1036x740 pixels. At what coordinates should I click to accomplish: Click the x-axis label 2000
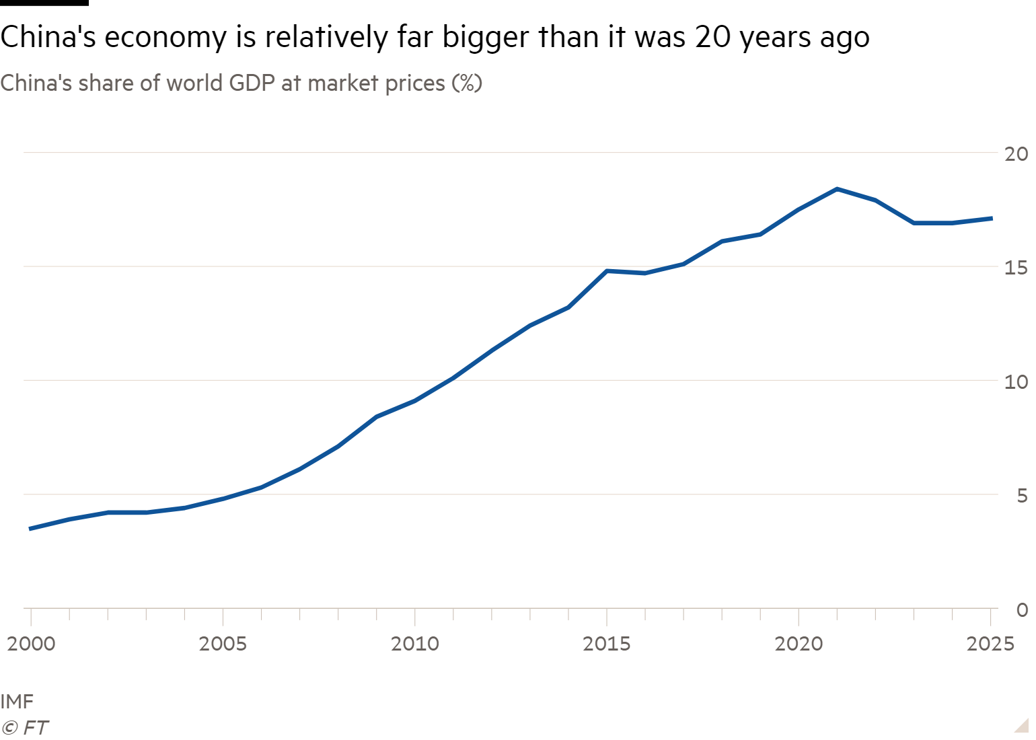(31, 644)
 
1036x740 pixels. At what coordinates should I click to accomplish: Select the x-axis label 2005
(223, 644)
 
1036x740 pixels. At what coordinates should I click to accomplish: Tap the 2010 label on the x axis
(414, 644)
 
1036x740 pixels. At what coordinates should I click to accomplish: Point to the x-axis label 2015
(607, 644)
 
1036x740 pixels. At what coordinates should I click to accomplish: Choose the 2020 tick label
(799, 644)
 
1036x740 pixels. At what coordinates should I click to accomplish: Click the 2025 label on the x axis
(990, 644)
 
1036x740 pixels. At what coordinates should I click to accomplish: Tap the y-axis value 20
(1016, 154)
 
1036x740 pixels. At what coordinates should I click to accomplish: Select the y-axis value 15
(1016, 268)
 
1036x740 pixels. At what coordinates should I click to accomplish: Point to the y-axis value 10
(1016, 382)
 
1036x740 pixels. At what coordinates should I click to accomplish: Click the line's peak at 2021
(837, 189)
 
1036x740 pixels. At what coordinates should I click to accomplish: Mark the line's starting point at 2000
(31, 529)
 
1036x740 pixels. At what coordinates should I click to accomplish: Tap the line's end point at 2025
(990, 218)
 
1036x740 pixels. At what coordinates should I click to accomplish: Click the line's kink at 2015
(607, 271)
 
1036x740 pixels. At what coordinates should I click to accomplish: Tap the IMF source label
(17, 702)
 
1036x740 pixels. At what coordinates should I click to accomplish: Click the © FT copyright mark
(25, 727)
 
